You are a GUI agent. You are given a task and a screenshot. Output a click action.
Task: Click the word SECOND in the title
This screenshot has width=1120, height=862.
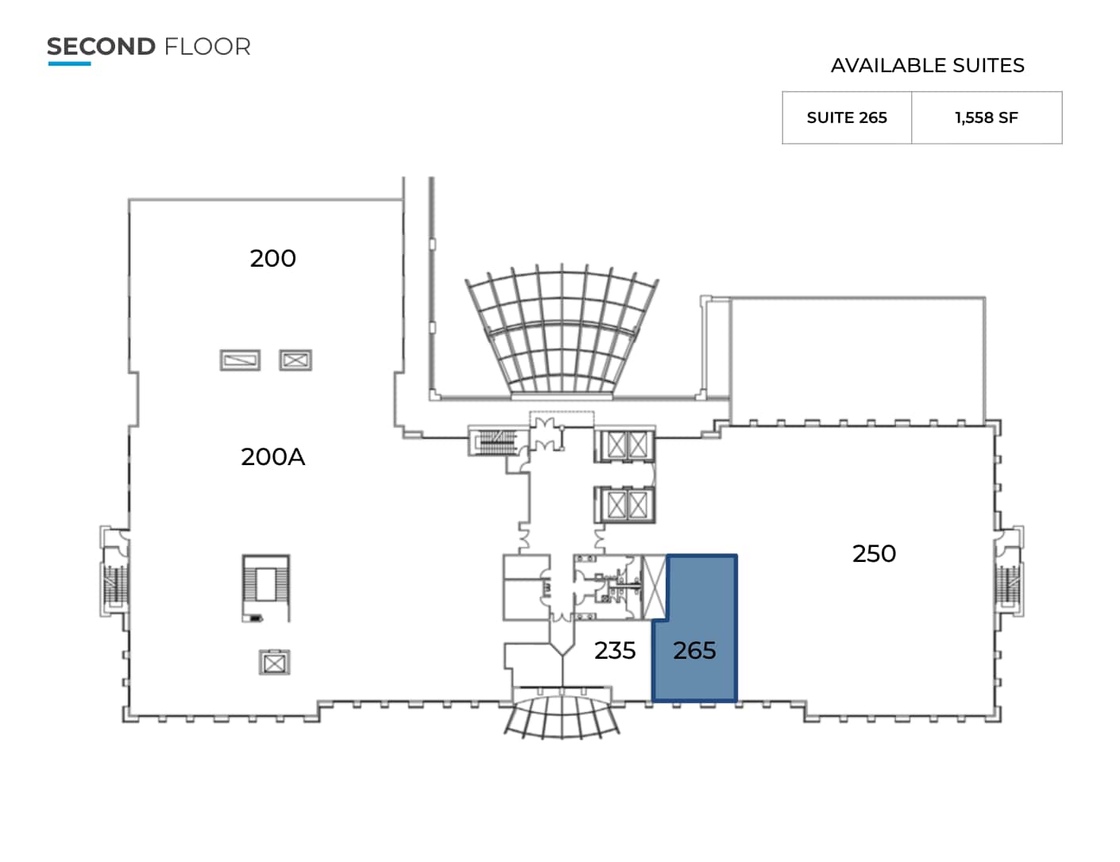[x=101, y=47]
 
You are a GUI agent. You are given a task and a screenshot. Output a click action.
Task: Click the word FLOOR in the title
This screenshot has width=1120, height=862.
[x=207, y=47]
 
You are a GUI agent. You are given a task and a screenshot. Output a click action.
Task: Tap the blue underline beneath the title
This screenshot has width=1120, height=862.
[x=69, y=63]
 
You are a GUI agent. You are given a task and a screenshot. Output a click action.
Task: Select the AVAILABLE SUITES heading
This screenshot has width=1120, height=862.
[x=927, y=66]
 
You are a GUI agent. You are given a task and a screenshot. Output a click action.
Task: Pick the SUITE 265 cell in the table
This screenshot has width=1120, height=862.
[x=847, y=117]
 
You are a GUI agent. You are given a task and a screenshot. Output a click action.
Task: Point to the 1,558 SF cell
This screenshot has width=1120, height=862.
[x=986, y=117]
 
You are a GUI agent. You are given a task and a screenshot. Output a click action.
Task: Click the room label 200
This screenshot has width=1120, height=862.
[x=272, y=259]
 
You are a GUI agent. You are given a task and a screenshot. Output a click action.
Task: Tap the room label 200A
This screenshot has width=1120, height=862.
[x=272, y=457]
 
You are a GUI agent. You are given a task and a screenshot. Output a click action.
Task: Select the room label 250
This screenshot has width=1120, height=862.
[x=874, y=553]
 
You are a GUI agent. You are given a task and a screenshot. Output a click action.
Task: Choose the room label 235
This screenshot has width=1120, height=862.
[x=615, y=651]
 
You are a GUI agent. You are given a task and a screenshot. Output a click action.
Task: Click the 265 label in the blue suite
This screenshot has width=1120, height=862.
[x=694, y=651]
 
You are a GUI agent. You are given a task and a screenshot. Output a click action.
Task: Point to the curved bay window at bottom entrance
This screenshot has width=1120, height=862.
[x=562, y=715]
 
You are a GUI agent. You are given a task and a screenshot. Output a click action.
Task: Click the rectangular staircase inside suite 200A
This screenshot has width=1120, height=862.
[x=266, y=588]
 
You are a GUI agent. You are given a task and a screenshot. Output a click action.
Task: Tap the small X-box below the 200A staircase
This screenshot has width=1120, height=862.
[x=274, y=662]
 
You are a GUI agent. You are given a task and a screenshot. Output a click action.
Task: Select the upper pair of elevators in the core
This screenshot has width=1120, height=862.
[x=627, y=444]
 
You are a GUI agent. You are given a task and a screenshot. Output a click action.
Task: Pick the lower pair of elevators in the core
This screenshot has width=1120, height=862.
[x=627, y=503]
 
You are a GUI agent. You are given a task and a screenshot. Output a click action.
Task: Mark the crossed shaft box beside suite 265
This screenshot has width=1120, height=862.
[x=655, y=587]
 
